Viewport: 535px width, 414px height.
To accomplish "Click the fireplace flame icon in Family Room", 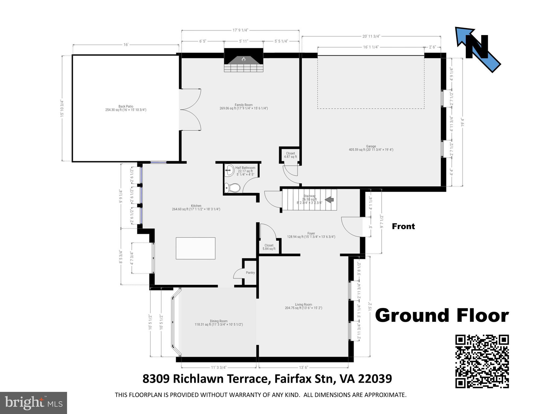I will point(243,59).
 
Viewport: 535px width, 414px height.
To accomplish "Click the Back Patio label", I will point(126,108).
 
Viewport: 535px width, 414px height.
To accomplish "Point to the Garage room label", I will point(371,148).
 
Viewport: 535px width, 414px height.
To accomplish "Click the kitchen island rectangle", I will point(195,248).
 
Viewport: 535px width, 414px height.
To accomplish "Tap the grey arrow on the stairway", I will point(329,200).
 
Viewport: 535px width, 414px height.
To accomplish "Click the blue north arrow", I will point(478,50).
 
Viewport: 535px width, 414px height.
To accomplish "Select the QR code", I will point(482,361).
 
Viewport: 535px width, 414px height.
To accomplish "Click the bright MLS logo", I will point(33,403).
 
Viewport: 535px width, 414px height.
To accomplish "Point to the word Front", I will point(403,226).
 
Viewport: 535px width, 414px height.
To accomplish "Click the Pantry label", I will point(250,273).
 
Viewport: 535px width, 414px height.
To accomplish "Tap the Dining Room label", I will point(219,323).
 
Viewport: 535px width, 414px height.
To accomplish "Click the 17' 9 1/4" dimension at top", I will point(240,30).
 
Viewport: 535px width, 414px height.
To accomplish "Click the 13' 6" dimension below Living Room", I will point(303,367).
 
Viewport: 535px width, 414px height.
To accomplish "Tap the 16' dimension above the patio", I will point(126,45).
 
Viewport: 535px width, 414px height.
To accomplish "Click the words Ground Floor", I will point(442,316).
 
